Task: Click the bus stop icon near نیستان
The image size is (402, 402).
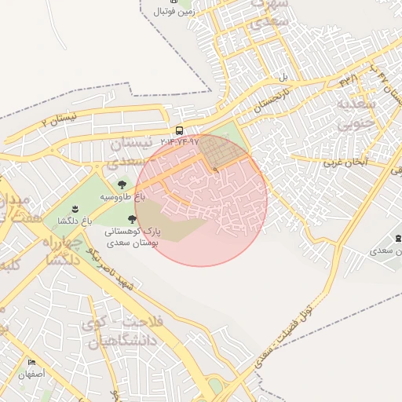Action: coord(180,130)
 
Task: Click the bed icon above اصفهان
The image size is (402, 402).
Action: coord(32,363)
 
